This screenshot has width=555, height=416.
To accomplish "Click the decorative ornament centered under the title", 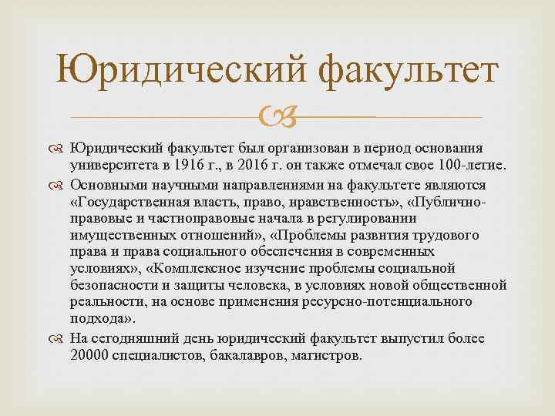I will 277,117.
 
